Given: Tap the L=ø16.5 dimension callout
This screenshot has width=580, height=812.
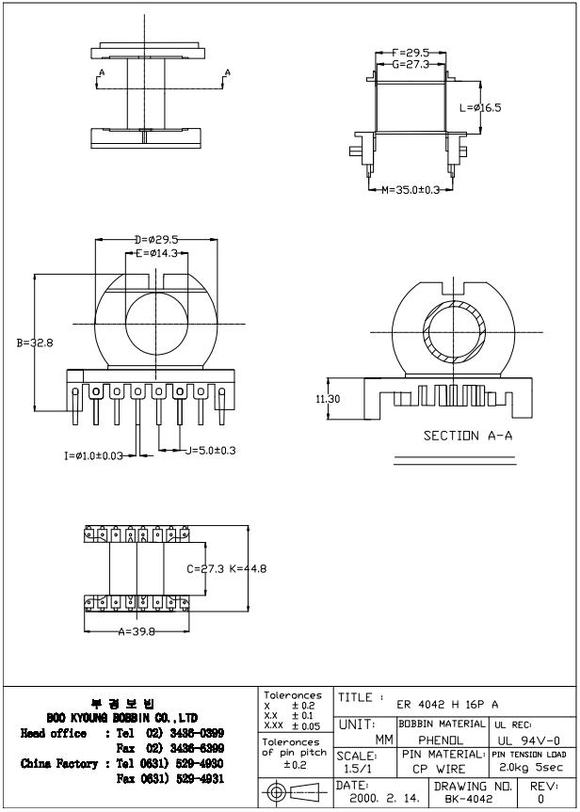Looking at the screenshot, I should point(480,108).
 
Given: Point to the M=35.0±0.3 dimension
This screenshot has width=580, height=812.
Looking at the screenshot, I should point(411,189).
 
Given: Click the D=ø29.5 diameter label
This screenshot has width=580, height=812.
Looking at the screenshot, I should point(156,239).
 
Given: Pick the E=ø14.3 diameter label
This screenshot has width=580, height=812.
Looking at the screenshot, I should point(156,253).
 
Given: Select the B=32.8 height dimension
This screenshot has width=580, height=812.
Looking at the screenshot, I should point(35,343).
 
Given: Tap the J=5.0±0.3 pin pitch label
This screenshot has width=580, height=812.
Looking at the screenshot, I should point(211,451).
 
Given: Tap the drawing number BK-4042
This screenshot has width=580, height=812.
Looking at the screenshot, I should point(469,798).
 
